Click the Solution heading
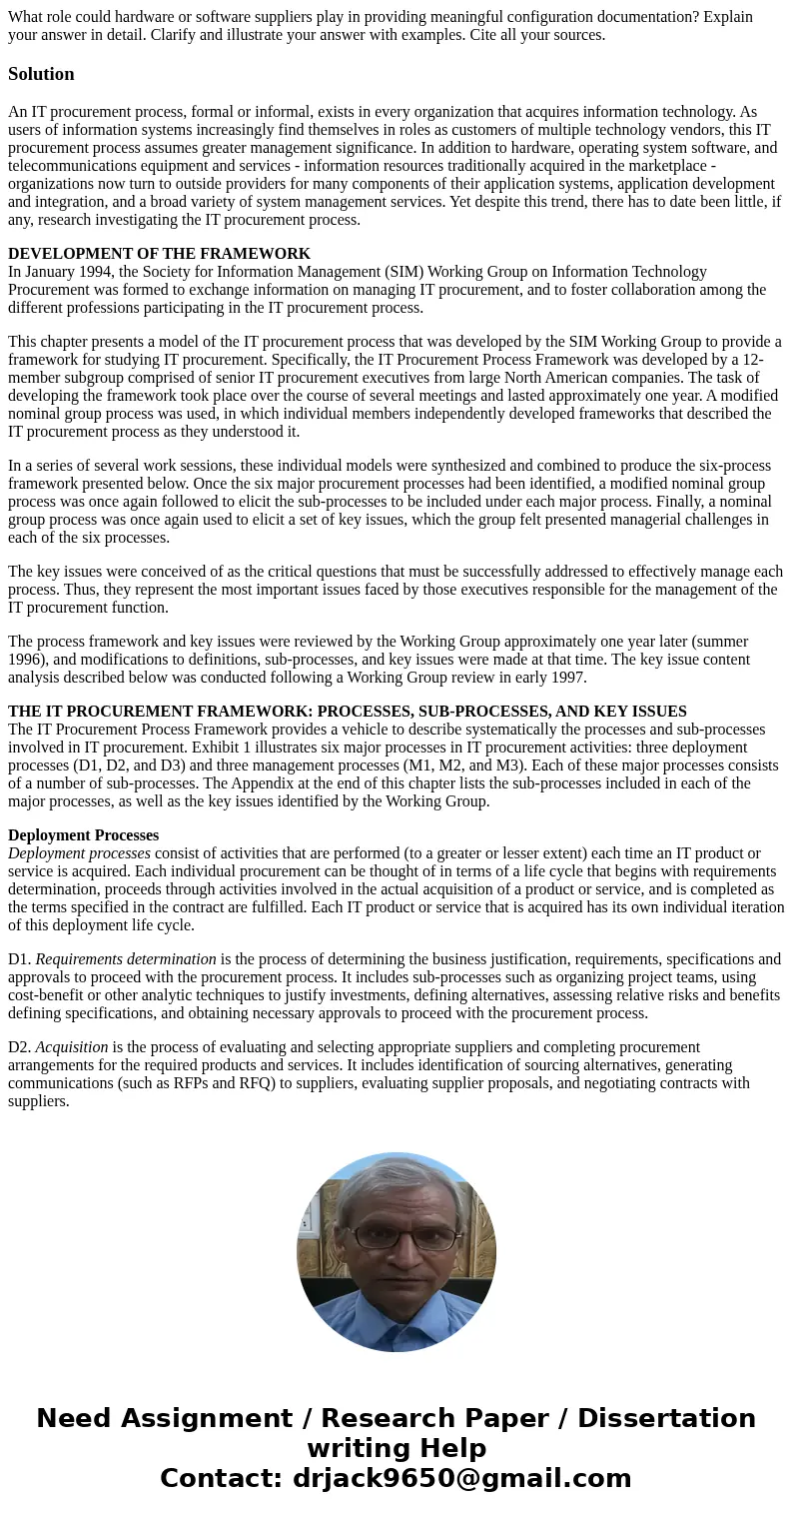pos(41,74)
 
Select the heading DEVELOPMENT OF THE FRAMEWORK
pos(159,254)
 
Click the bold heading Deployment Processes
pos(83,835)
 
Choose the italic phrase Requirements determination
pos(126,959)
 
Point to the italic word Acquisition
pos(72,1047)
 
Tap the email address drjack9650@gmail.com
pos(461,1479)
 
